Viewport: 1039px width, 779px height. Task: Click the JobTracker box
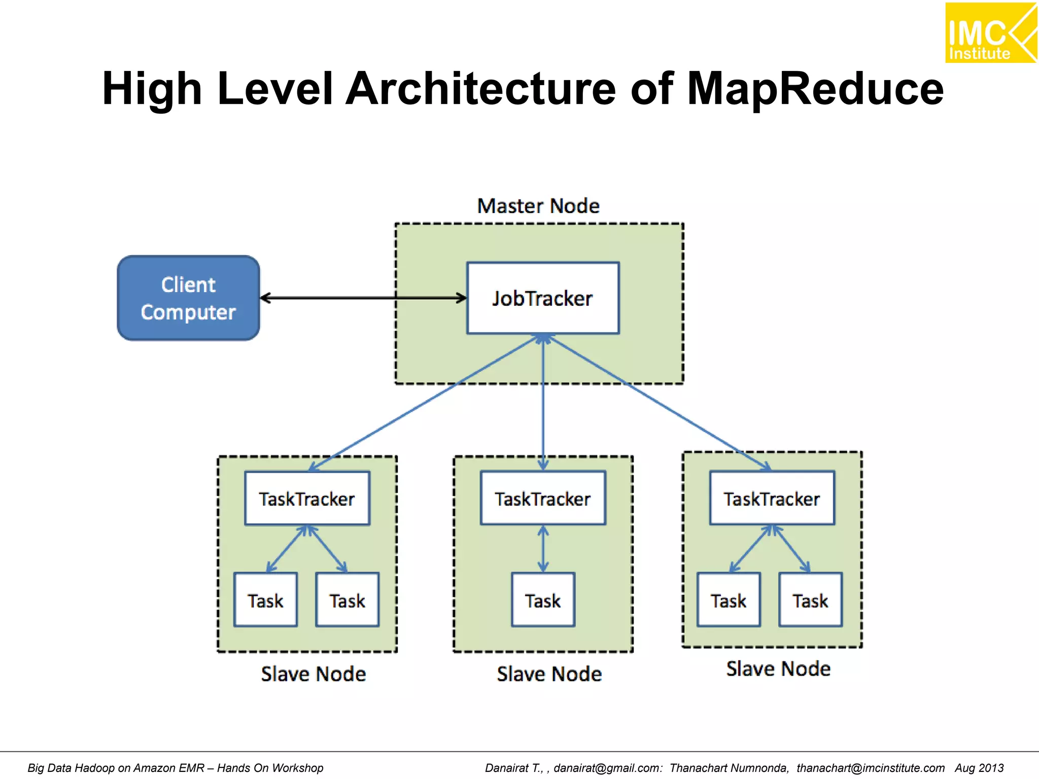click(543, 298)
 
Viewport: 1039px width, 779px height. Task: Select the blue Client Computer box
click(188, 298)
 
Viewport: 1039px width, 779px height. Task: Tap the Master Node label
click(538, 206)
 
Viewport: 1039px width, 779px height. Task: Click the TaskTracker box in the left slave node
click(307, 499)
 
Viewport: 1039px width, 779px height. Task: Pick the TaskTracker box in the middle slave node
click(543, 499)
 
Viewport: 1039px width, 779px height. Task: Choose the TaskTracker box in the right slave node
click(772, 499)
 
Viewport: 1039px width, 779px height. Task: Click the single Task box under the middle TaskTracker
click(543, 600)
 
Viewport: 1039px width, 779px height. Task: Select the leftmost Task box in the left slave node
click(265, 600)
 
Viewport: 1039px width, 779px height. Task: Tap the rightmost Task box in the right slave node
click(810, 600)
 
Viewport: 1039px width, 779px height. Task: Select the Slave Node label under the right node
click(778, 668)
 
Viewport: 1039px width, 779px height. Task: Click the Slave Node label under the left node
click(313, 674)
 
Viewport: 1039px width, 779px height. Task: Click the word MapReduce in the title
click(815, 89)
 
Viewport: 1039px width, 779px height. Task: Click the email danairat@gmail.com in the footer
click(607, 768)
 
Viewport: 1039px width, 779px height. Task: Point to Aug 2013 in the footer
click(979, 768)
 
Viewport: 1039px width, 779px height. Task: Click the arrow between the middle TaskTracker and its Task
click(543, 549)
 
